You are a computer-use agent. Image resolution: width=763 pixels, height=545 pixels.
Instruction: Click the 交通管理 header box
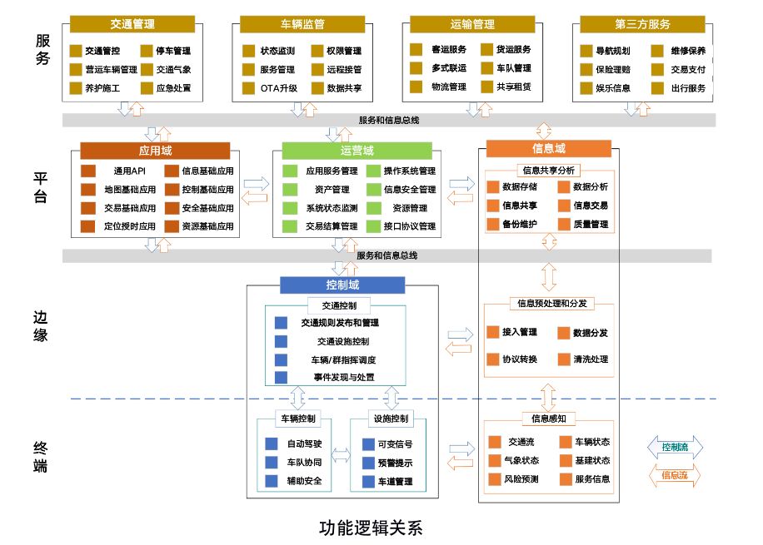pyautogui.click(x=132, y=24)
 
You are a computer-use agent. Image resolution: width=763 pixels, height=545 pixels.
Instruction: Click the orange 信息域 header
pyautogui.click(x=548, y=149)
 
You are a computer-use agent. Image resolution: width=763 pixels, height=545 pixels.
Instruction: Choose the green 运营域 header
pyautogui.click(x=357, y=151)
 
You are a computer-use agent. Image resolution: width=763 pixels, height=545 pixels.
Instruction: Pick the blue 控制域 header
pyautogui.click(x=342, y=285)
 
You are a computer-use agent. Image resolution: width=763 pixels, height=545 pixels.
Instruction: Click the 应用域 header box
pyautogui.click(x=155, y=151)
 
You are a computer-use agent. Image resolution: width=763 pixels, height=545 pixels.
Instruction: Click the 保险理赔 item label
pyautogui.click(x=613, y=69)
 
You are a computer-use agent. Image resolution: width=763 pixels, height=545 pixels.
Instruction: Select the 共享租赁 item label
pyautogui.click(x=513, y=87)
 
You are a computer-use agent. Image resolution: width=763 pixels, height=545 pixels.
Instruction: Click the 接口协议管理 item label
pyautogui.click(x=410, y=226)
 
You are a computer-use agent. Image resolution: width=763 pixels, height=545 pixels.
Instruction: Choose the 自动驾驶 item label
pyautogui.click(x=304, y=444)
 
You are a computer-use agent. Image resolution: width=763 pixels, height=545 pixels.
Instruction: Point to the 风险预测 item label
pyautogui.click(x=521, y=479)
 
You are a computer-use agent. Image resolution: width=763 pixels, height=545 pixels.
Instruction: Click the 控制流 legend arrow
pyautogui.click(x=675, y=448)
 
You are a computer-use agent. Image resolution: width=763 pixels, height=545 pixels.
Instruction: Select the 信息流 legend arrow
pyautogui.click(x=675, y=476)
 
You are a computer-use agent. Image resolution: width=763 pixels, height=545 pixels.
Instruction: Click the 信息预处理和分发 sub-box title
pyautogui.click(x=549, y=304)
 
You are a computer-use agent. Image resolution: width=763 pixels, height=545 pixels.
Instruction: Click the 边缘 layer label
pyautogui.click(x=42, y=326)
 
